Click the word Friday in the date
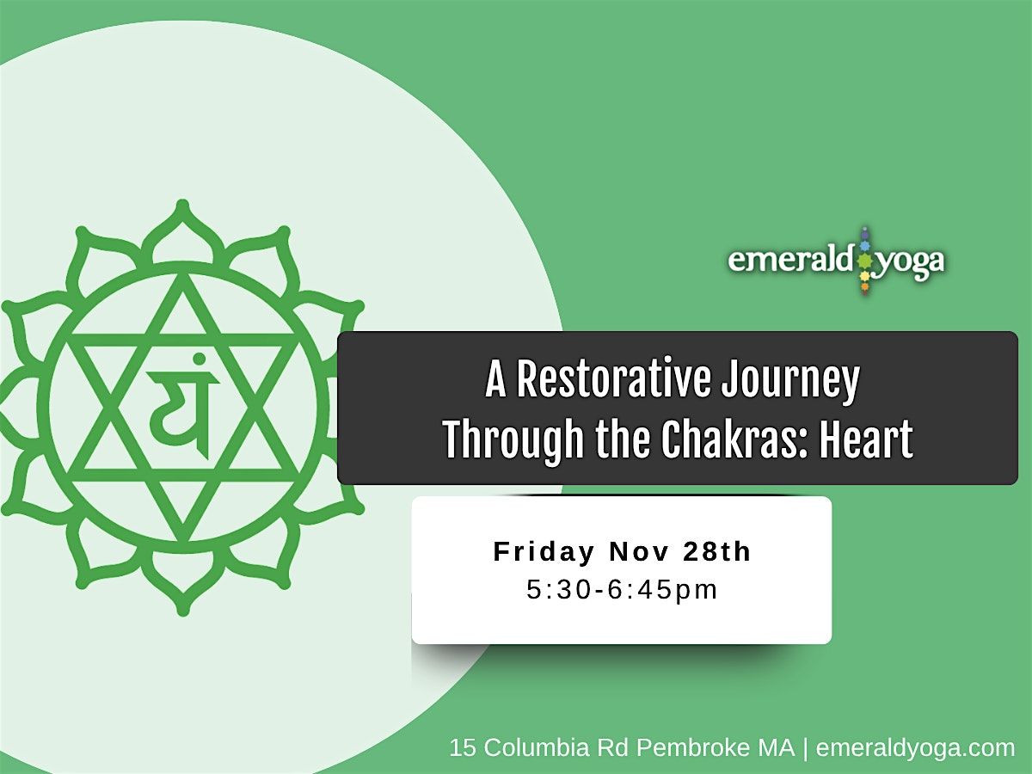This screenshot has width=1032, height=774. (544, 552)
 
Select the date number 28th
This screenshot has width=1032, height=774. (717, 552)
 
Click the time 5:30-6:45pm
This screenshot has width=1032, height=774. (622, 591)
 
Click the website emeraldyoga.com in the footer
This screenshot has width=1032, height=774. (915, 748)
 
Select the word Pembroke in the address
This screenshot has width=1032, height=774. (680, 748)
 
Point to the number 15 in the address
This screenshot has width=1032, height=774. (463, 748)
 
